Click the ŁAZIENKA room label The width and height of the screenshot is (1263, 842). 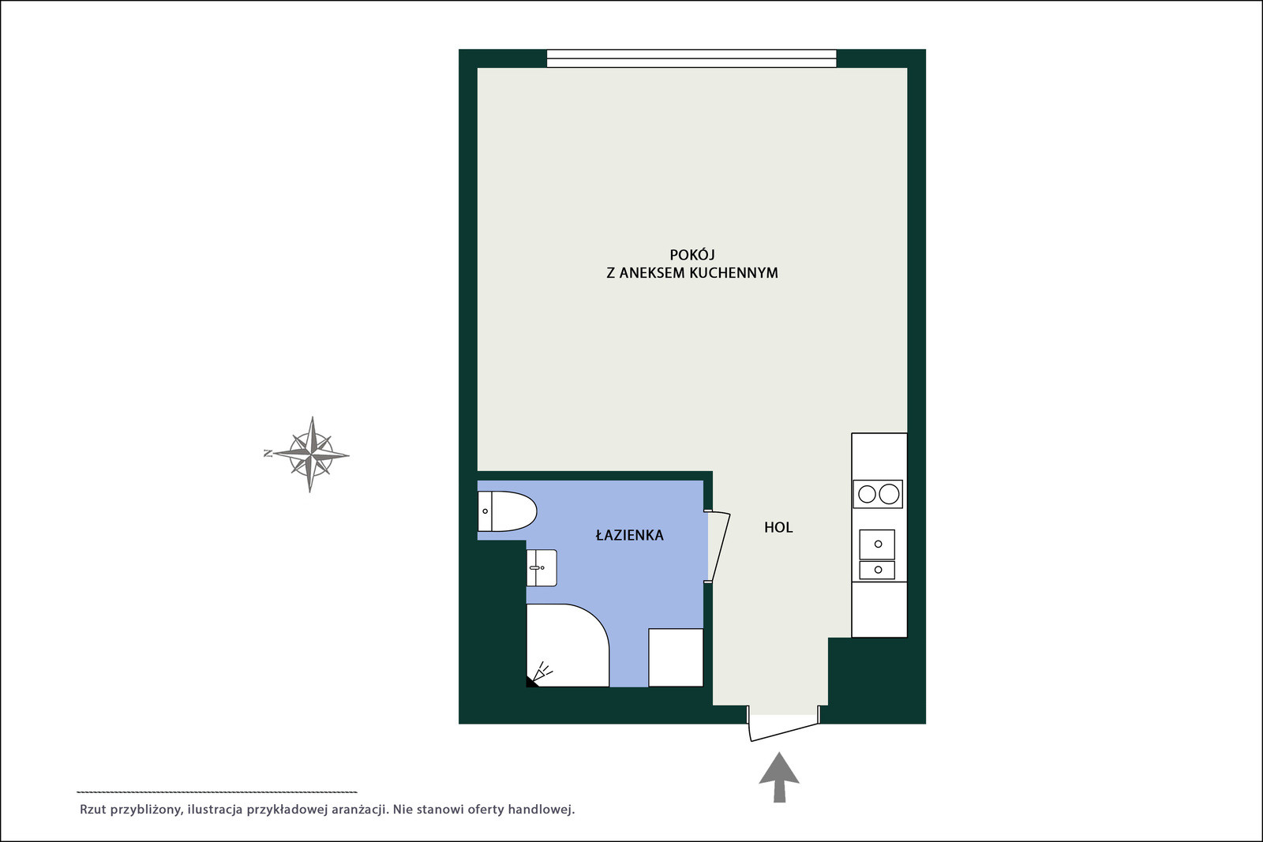629,535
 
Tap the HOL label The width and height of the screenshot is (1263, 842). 778,527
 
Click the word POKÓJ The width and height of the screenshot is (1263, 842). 691,255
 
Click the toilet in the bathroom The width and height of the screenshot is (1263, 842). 507,511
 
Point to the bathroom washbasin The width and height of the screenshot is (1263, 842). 542,567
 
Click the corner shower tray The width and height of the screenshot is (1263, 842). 568,646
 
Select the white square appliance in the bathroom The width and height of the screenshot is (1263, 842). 676,657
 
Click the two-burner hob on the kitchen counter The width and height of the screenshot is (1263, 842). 877,494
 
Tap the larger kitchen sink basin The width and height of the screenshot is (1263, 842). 877,544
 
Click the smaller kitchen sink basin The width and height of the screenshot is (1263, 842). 877,570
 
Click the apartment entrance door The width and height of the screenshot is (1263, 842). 783,731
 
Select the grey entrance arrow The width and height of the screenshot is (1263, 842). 779,777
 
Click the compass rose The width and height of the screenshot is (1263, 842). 309,455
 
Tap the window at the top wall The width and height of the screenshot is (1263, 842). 691,58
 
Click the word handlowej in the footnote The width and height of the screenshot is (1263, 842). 542,810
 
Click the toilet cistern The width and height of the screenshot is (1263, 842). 485,511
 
